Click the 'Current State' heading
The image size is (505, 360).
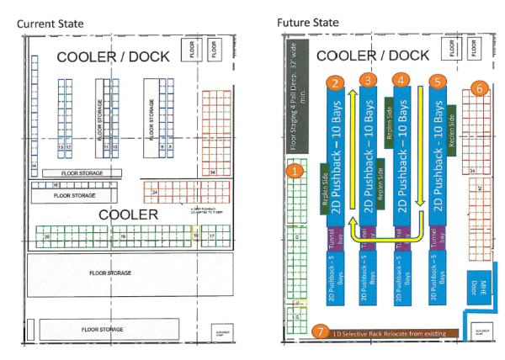(50, 24)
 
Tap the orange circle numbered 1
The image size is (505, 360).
(294, 171)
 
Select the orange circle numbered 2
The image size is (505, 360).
(335, 82)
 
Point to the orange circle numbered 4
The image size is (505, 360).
(402, 80)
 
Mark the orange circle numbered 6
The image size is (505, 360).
(479, 87)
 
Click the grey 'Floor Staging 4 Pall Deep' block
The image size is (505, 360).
(294, 102)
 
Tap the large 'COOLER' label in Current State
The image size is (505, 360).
(128, 214)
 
